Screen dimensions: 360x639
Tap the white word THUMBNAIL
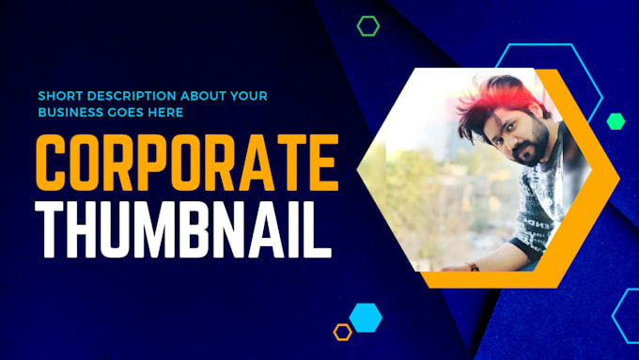tap(183, 228)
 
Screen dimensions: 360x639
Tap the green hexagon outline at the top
tap(368, 26)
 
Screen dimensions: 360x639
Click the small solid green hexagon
tap(616, 120)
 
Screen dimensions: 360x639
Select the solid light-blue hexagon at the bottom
tap(366, 317)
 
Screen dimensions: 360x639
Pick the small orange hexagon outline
tap(343, 331)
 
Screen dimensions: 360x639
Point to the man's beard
tap(533, 150)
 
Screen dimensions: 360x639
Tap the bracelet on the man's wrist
tap(474, 268)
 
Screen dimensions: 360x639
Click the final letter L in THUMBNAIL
tap(319, 228)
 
